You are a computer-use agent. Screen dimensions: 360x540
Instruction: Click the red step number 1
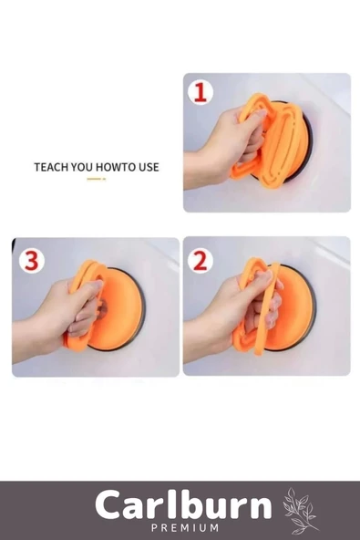point(201,93)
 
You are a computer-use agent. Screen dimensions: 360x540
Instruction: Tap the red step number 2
point(200,261)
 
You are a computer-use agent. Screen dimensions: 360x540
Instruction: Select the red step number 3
point(31,260)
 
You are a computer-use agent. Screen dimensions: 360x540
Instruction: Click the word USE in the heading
point(149,167)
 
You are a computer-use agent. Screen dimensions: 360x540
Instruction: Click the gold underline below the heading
point(96,179)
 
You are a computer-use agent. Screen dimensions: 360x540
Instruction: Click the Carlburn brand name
point(183,505)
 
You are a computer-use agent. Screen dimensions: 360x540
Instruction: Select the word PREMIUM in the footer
point(185,527)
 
